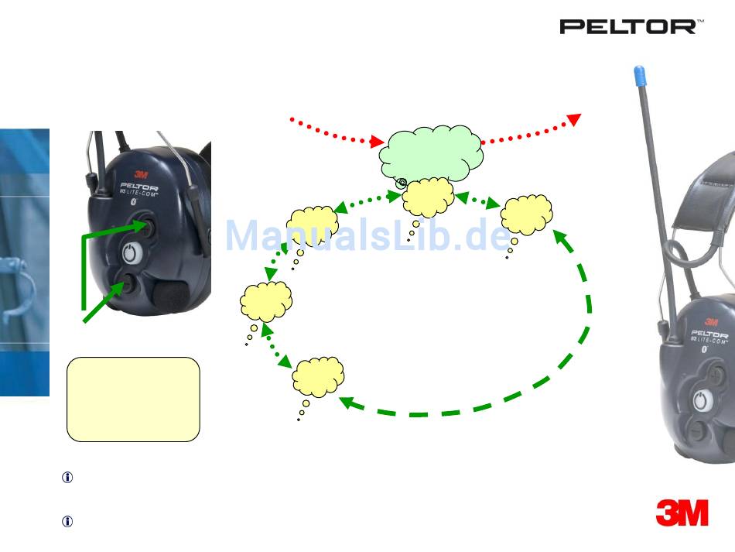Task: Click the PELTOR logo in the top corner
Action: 631,27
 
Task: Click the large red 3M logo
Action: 682,513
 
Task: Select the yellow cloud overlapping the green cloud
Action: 428,197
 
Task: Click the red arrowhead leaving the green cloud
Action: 574,118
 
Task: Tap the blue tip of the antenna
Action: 640,76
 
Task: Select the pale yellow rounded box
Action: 133,399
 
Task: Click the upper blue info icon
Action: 67,478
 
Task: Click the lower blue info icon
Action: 67,522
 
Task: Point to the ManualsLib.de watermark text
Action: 367,236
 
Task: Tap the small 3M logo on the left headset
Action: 142,174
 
